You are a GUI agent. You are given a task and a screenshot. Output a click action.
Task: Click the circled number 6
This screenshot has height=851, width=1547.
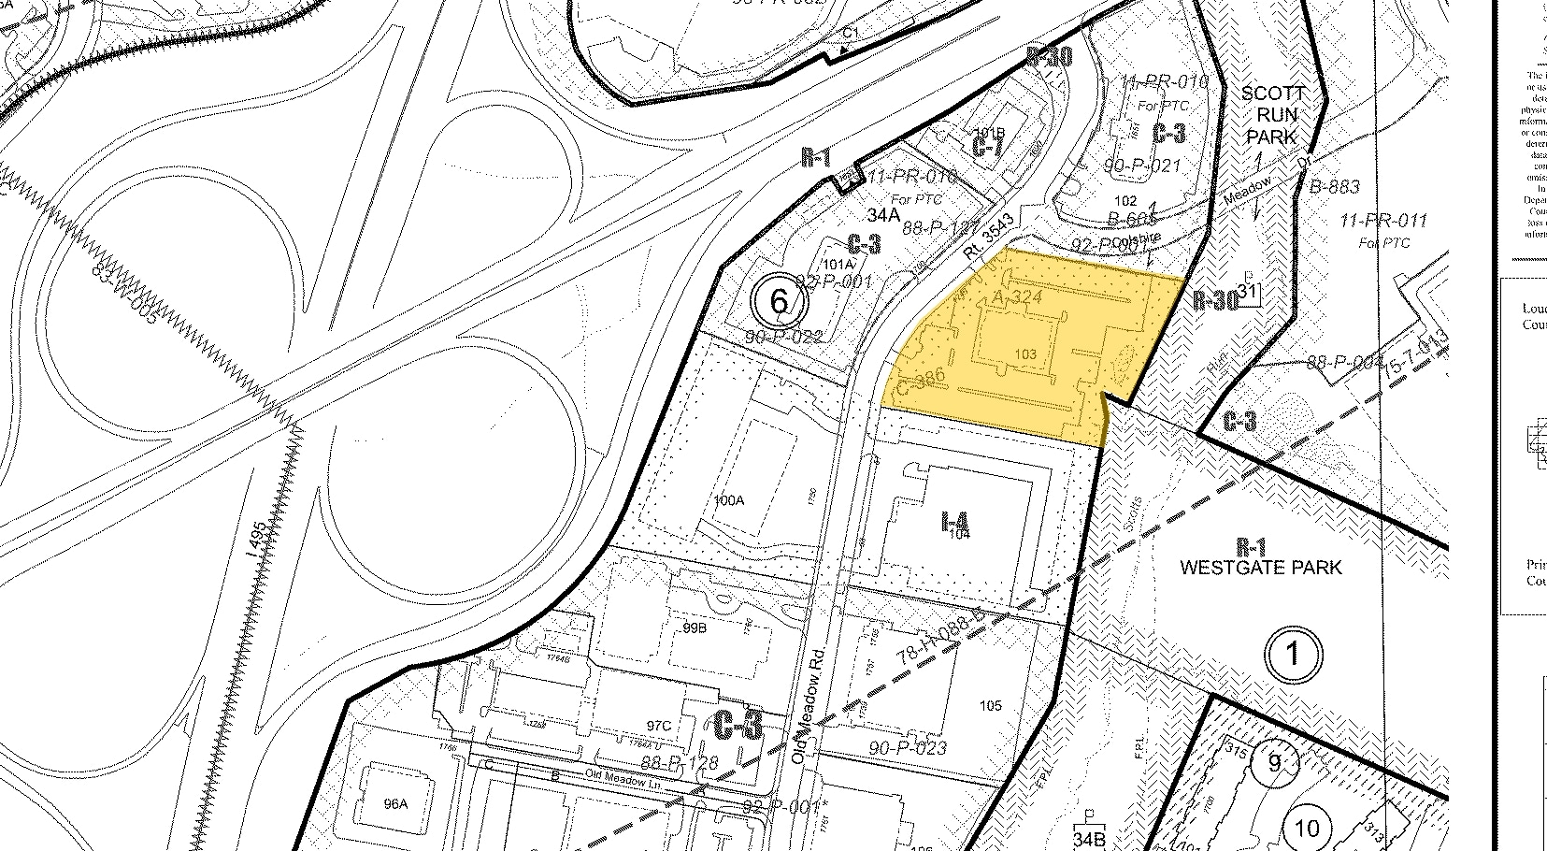tap(780, 301)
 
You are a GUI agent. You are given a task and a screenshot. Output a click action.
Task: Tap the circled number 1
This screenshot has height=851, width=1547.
tap(1293, 655)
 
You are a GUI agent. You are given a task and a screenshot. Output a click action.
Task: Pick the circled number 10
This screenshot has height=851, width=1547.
tap(1306, 828)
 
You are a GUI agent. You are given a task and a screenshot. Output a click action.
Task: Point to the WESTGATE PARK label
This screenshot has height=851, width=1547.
tap(1261, 567)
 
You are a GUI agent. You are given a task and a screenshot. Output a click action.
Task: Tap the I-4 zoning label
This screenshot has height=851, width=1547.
tap(955, 522)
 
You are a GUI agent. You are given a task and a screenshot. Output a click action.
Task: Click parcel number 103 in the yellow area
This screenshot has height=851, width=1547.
tap(1024, 353)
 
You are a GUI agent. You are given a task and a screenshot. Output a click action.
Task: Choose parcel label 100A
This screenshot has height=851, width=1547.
tap(728, 500)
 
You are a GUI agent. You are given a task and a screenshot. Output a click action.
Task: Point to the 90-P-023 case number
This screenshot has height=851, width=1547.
tap(908, 747)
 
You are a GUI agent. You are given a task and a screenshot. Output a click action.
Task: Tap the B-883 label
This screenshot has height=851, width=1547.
tap(1334, 187)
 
